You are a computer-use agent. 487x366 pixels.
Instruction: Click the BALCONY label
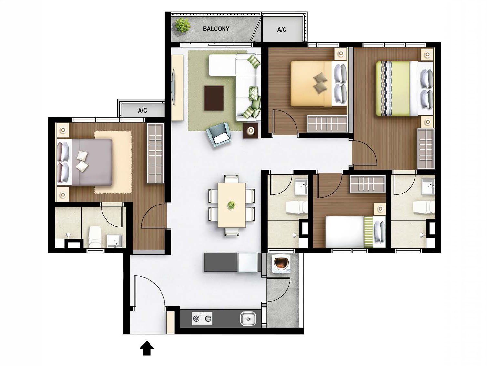pos(216,29)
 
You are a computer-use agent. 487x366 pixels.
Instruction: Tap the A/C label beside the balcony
pos(282,30)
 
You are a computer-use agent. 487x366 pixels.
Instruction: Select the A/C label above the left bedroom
pos(142,111)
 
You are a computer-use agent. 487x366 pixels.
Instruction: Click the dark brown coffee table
pos(214,98)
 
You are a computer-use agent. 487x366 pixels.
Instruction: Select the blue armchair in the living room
pos(219,133)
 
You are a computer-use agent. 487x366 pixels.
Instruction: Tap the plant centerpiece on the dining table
pos(231,205)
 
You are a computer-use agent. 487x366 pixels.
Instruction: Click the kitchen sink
pos(248,318)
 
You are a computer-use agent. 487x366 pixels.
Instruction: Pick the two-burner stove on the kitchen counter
pos(202,318)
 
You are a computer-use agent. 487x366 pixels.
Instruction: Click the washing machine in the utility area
pos(280,264)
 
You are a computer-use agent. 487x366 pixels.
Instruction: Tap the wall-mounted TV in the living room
pos(174,87)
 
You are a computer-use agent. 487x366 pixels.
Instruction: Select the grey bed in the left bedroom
pos(86,162)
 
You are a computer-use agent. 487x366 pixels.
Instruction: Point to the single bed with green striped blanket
pos(354,232)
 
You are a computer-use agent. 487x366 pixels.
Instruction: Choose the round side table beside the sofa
pos(251,131)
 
